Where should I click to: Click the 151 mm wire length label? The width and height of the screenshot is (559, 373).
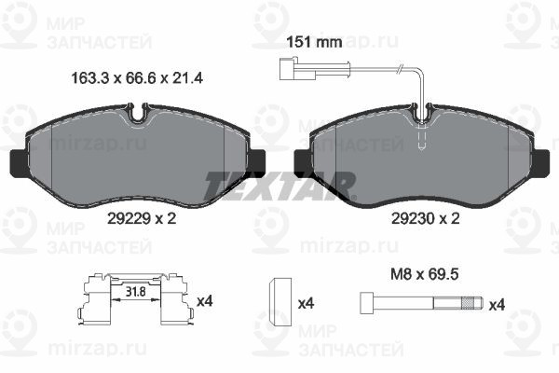point(314,43)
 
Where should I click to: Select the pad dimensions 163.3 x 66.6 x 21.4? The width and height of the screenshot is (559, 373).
point(137,77)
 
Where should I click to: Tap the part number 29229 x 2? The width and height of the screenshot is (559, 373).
point(142,218)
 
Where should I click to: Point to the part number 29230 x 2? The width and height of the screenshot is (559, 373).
point(426,218)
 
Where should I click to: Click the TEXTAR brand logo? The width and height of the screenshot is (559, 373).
point(279,186)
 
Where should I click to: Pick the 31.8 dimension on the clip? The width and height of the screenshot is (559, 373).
point(136,292)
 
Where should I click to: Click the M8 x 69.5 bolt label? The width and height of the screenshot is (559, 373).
point(425,274)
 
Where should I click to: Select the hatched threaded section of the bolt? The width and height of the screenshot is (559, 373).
point(470,303)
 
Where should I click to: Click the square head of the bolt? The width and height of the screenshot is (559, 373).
point(367,303)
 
